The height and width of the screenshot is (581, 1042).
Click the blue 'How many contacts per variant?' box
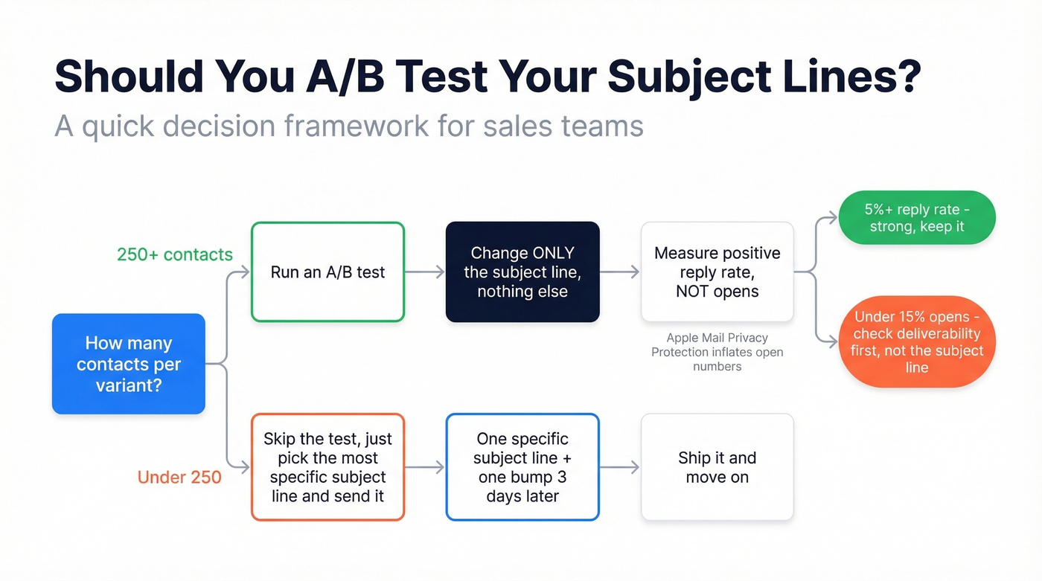pos(128,364)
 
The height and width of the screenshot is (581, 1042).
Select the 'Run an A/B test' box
pos(327,272)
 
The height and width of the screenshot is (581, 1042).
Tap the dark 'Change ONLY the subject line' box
pos(522,272)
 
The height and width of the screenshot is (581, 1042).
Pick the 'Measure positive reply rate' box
pos(717,272)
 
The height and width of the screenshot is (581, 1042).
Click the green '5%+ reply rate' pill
pos(916,218)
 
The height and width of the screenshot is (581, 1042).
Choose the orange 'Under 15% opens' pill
pos(916,342)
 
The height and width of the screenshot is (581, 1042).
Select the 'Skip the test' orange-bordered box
pos(327,467)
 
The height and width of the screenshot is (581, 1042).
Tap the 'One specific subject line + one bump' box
pos(522,467)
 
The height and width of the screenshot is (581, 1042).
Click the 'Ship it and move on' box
pos(717,467)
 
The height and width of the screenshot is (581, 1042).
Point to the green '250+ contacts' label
pos(175,254)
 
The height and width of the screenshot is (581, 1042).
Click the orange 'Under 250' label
pos(179,477)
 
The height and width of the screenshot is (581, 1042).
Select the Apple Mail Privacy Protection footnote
pos(717,352)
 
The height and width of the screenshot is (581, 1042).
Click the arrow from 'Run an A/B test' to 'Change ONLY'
pos(424,273)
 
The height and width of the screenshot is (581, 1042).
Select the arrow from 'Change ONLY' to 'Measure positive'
pos(620,273)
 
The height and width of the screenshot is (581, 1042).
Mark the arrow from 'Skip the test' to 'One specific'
pos(424,468)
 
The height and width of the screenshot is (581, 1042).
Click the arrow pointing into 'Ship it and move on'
pos(620,468)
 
